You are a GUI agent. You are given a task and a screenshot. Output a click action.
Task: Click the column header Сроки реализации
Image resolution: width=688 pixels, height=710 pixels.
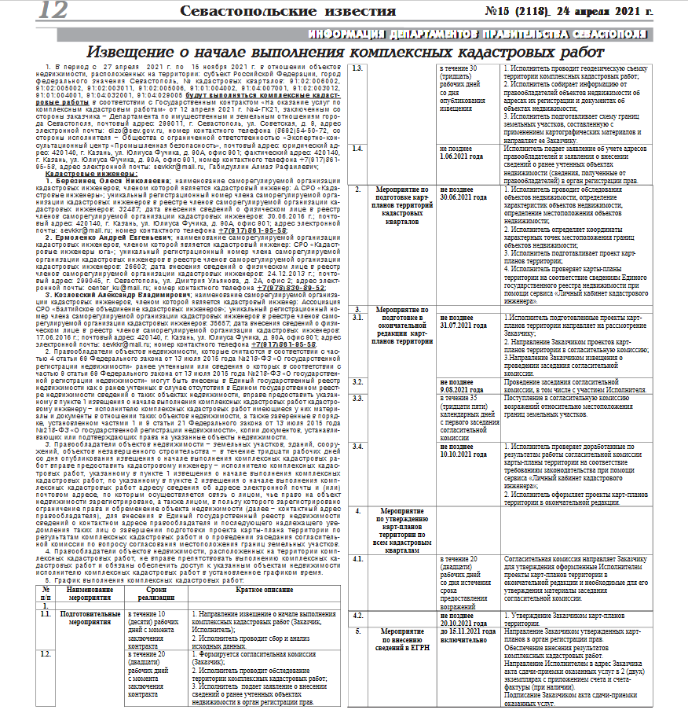pos(155,593)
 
